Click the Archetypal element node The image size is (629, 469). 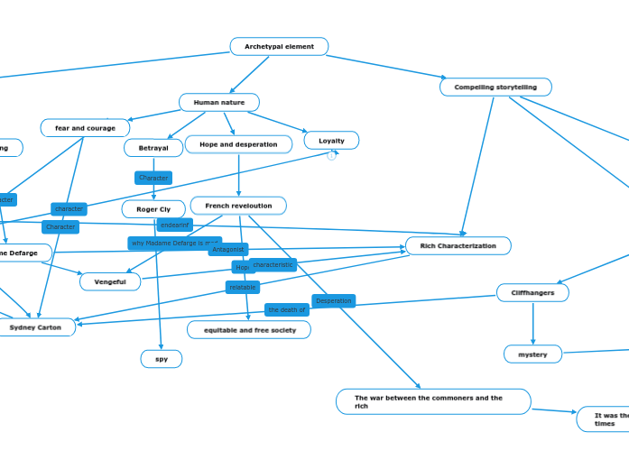[279, 46]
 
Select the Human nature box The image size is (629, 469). [218, 102]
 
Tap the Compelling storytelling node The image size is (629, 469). [495, 87]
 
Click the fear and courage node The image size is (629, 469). [85, 128]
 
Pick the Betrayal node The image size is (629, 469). [153, 148]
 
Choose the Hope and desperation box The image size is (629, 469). [238, 144]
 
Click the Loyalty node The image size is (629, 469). [331, 141]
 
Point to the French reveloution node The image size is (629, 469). [238, 206]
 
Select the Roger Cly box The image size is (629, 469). [153, 209]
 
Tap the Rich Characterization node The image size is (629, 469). [458, 245]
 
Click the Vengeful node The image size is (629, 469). [110, 281]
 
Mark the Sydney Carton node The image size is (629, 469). [36, 327]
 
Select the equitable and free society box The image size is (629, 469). [249, 330]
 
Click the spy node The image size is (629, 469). [162, 359]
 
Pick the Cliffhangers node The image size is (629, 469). [532, 292]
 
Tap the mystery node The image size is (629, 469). [532, 354]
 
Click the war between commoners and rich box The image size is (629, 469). [433, 401]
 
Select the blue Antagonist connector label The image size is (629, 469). [228, 249]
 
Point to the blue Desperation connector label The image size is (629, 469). [333, 300]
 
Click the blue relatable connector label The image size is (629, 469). [242, 287]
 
